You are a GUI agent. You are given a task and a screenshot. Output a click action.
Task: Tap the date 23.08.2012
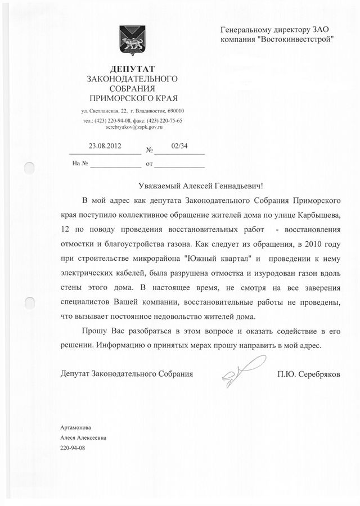(x=105, y=146)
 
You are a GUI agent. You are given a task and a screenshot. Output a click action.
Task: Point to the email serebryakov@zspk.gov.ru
(x=130, y=128)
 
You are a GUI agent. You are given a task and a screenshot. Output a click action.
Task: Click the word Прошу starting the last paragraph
(x=93, y=330)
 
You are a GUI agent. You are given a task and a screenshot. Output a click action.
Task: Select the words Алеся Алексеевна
(x=83, y=437)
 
